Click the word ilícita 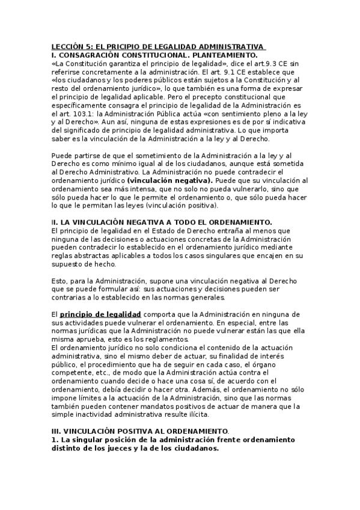pyautogui.click(x=197, y=415)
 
